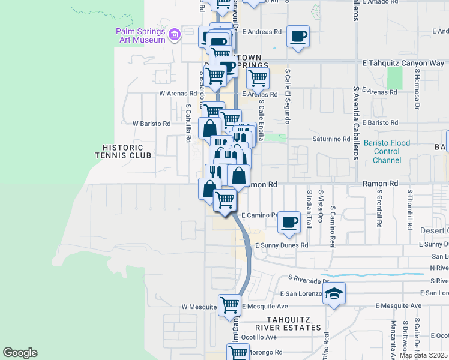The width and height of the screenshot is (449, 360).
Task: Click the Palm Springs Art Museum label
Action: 141,35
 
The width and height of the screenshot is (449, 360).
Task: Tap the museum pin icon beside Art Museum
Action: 175,34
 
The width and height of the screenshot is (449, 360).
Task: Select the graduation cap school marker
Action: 334,293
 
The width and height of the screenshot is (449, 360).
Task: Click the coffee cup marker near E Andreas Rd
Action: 298,36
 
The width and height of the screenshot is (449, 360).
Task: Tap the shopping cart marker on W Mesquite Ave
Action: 229,305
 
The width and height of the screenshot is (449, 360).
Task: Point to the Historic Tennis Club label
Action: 119,151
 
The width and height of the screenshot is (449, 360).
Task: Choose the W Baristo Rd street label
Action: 151,124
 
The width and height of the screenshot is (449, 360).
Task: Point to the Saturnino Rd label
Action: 331,139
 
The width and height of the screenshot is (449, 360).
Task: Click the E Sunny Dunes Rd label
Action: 281,245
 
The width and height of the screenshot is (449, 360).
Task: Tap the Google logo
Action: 20,353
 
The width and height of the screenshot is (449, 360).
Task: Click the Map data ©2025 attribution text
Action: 423,355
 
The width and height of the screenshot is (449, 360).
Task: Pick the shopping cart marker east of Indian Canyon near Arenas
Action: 258,77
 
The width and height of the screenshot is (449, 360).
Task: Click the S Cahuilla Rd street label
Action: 188,123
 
